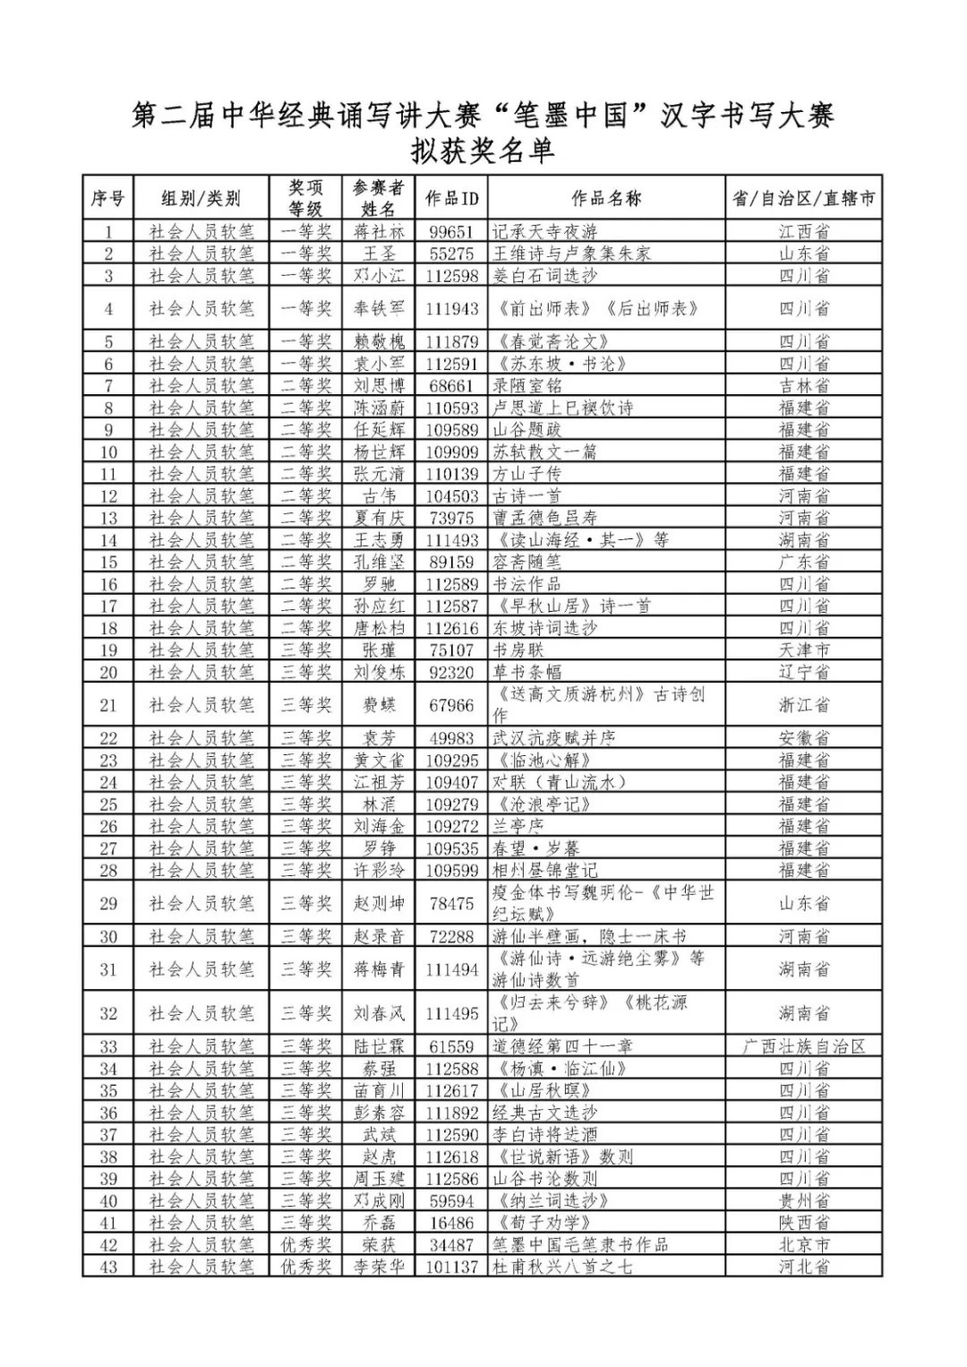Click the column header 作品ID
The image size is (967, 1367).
451,198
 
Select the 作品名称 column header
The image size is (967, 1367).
606,198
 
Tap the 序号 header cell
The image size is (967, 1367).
108,198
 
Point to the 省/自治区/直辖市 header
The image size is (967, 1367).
803,198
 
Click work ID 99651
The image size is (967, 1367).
451,231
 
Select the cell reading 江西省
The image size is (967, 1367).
803,231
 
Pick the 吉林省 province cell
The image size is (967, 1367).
803,385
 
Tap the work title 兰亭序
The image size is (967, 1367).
518,826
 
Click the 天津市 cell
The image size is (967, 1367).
803,649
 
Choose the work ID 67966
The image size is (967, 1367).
451,705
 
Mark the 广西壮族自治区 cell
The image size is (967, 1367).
803,1046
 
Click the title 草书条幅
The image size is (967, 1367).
526,672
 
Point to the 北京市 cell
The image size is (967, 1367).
803,1244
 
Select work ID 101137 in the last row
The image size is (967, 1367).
451,1267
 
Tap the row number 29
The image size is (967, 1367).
108,903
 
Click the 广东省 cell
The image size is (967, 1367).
803,562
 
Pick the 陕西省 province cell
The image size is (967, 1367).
803,1223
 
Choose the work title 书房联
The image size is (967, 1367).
518,649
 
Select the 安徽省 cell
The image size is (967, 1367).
803,738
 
